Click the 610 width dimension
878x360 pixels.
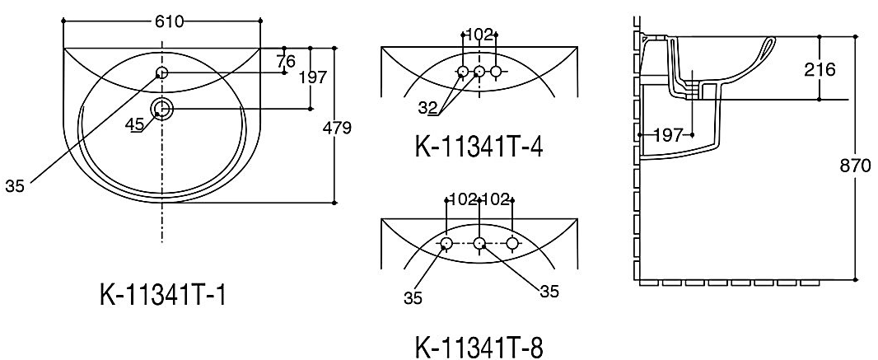[x=168, y=21]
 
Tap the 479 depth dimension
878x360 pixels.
[x=337, y=129]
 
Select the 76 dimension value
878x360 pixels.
[x=285, y=61]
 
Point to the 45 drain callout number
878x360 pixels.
[x=134, y=124]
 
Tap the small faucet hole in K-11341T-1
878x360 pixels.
[x=161, y=72]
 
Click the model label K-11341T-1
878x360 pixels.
[x=163, y=294]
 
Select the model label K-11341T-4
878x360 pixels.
[x=479, y=147]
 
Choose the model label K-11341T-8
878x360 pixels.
[x=479, y=347]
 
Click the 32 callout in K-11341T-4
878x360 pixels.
[x=427, y=107]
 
